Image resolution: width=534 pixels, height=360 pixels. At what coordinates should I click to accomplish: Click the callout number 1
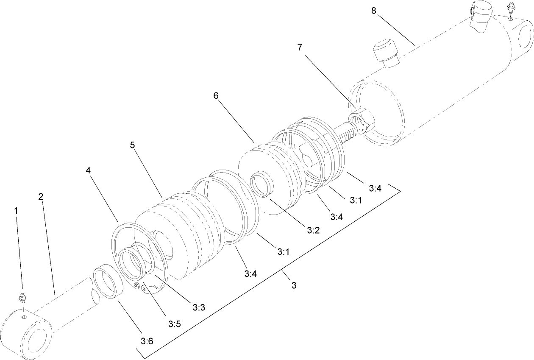[x=17, y=210]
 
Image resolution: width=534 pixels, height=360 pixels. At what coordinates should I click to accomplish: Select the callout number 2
[x=41, y=197]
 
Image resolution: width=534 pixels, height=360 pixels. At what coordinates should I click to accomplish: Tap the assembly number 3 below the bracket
[x=294, y=285]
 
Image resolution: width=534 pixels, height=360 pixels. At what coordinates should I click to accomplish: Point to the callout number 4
[x=88, y=170]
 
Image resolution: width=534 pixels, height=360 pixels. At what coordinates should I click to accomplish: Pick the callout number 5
[x=132, y=145]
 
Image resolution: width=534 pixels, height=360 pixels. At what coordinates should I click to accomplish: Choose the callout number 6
[x=216, y=96]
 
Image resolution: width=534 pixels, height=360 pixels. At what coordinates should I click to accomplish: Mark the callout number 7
[x=300, y=47]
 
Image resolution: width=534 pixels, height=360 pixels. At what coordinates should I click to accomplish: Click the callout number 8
[x=373, y=11]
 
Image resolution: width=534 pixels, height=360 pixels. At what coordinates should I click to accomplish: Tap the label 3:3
[x=199, y=307]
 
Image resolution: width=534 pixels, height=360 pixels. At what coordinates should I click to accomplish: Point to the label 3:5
[x=175, y=324]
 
